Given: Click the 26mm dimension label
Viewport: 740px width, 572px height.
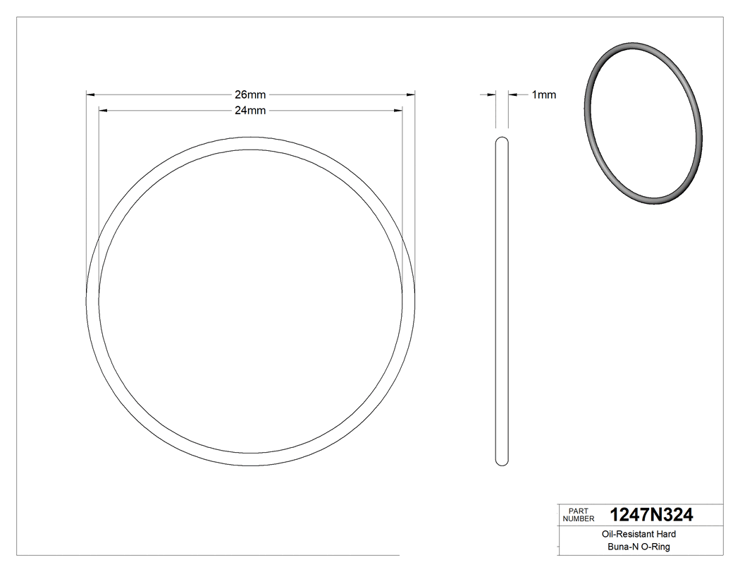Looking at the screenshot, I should (250, 95).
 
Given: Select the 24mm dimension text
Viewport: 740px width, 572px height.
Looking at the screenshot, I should (250, 110).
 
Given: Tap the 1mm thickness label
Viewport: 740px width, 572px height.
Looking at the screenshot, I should (543, 95).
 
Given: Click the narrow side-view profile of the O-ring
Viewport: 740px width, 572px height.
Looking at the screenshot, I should (502, 300).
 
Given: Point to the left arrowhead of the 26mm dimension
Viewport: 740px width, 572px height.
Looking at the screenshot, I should (90, 94).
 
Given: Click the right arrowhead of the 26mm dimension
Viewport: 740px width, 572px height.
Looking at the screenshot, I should (411, 94).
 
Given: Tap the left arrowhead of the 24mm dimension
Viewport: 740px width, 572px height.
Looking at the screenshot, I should (103, 110).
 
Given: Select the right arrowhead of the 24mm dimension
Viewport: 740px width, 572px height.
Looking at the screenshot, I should (398, 110).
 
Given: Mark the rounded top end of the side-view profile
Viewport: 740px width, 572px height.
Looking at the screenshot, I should (502, 140).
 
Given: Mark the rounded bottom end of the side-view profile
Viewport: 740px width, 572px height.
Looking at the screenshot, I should (502, 461).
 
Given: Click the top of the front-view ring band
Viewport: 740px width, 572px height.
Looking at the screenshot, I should (250, 143).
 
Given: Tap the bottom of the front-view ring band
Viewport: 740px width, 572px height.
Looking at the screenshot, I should (250, 458).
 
